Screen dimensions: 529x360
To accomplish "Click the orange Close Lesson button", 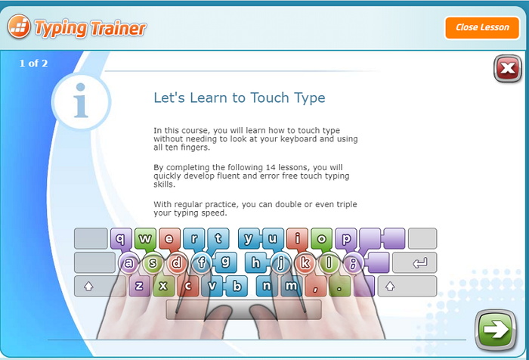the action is pyautogui.click(x=482, y=28).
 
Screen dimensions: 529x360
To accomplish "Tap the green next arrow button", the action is pyautogui.click(x=495, y=330).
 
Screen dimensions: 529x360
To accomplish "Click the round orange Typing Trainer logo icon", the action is pyautogui.click(x=19, y=26).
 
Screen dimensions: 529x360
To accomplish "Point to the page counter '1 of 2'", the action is pyautogui.click(x=33, y=64).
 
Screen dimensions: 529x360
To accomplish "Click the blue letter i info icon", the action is pyautogui.click(x=81, y=101).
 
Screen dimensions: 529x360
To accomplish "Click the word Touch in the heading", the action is pyautogui.click(x=270, y=98).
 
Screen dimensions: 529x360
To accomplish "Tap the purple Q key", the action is pyautogui.click(x=119, y=238).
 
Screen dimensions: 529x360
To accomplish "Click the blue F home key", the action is pyautogui.click(x=202, y=262).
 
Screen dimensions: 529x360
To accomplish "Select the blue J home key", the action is pyautogui.click(x=280, y=262).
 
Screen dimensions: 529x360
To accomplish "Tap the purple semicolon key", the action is pyautogui.click(x=353, y=262).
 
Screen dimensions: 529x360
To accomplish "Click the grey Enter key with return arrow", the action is pyautogui.click(x=415, y=262).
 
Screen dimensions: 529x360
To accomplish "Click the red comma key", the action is pyautogui.click(x=315, y=287).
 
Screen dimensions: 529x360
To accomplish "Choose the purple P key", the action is pyautogui.click(x=346, y=238).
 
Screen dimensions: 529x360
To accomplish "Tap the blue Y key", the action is pyautogui.click(x=249, y=238).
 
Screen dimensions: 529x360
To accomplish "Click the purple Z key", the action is pyautogui.click(x=139, y=286).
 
